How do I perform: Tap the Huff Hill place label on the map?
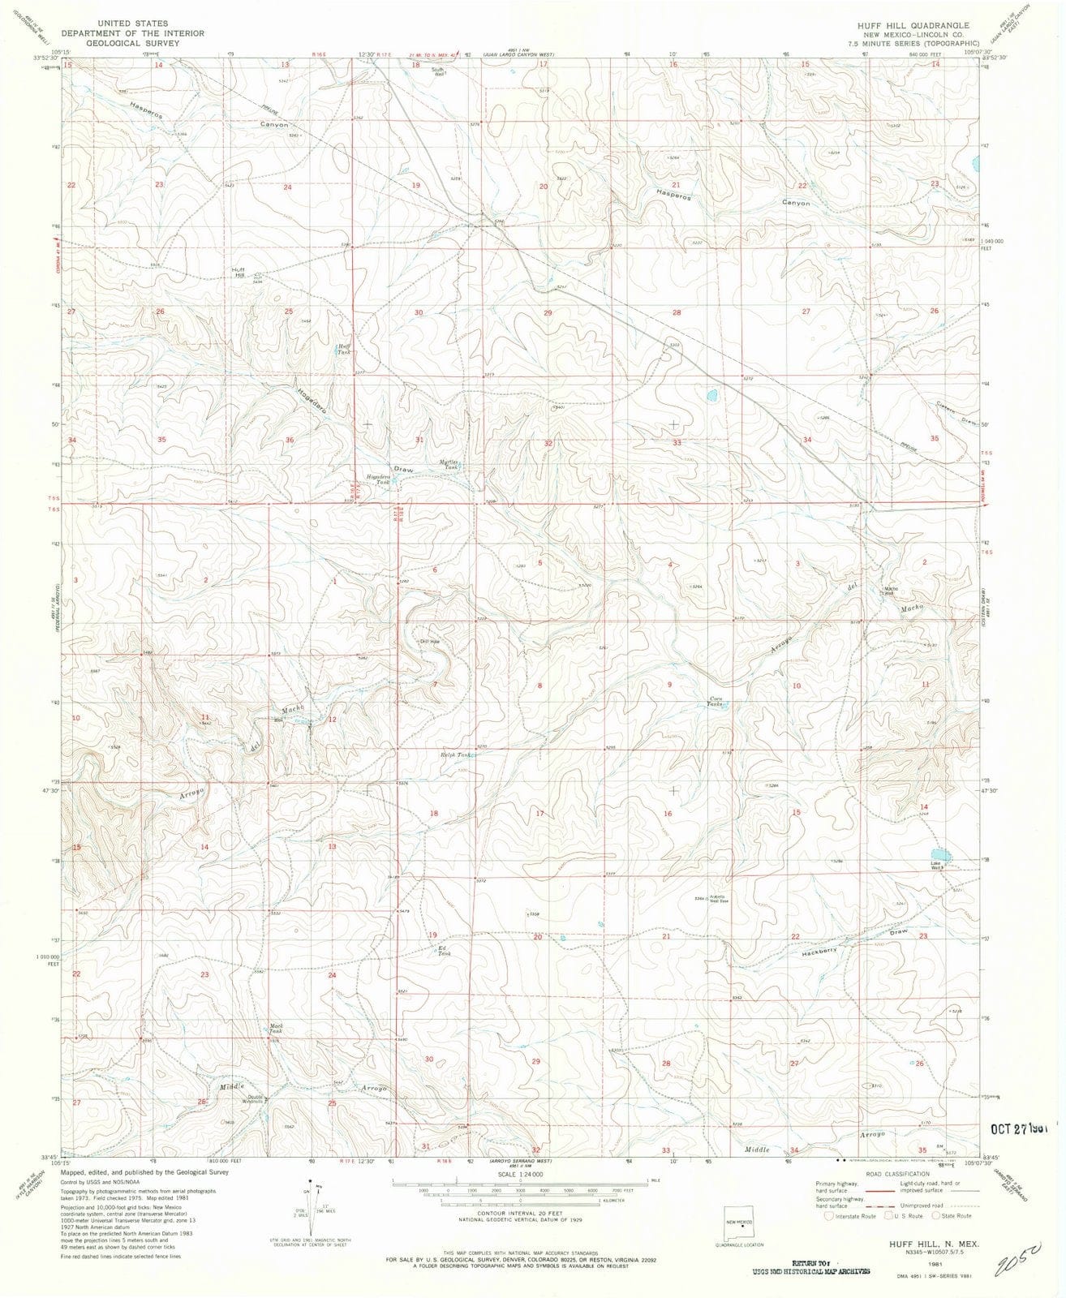238,272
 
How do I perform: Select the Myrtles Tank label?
449,466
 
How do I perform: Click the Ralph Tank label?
455,755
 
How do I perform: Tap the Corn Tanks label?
716,701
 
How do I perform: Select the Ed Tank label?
443,952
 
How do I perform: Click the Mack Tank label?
275,1029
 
